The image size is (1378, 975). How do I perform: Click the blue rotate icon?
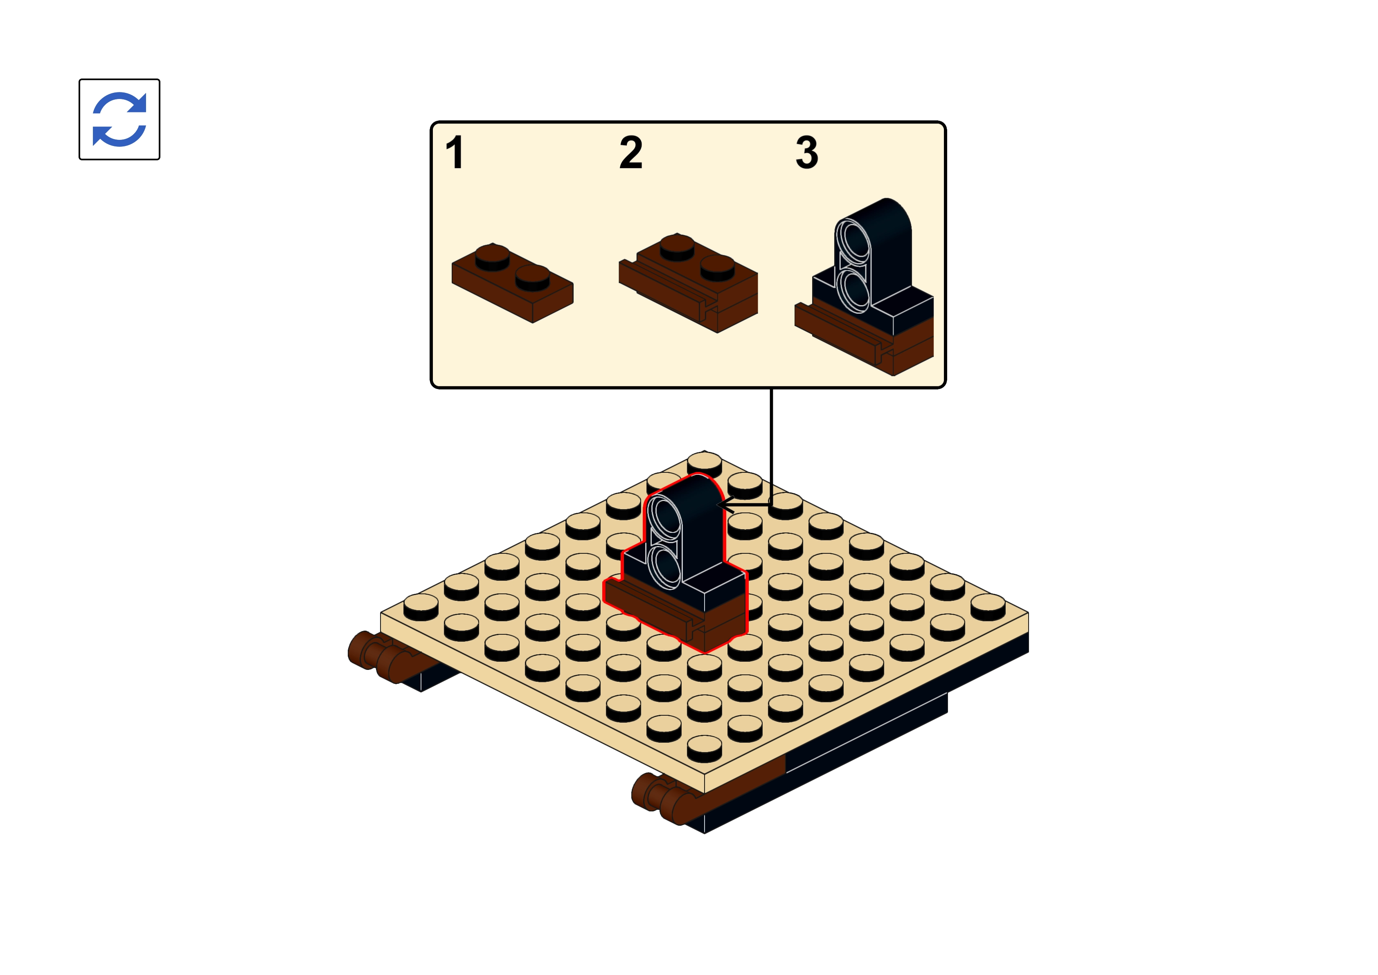tap(119, 119)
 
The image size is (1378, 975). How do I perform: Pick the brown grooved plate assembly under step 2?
tap(688, 283)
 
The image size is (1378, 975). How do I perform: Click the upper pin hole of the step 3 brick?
tap(853, 242)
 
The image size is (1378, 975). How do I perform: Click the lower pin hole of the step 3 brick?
tap(853, 291)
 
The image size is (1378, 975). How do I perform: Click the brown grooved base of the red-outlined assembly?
tap(675, 616)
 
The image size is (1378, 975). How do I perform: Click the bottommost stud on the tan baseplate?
tap(704, 748)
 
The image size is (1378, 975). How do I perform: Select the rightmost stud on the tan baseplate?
tap(988, 607)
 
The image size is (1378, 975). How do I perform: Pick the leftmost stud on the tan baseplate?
tap(421, 607)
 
